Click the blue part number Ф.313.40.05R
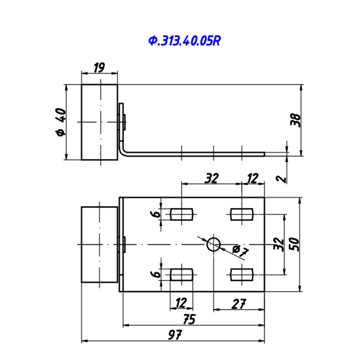click(185, 41)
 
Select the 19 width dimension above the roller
click(99, 67)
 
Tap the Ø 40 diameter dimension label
click(61, 122)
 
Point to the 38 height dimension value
click(295, 120)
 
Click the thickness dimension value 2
click(282, 179)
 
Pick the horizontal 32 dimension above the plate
click(211, 178)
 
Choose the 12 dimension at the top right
click(253, 178)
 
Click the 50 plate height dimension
click(295, 244)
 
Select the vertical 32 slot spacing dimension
click(279, 244)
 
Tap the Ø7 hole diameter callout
click(240, 251)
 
